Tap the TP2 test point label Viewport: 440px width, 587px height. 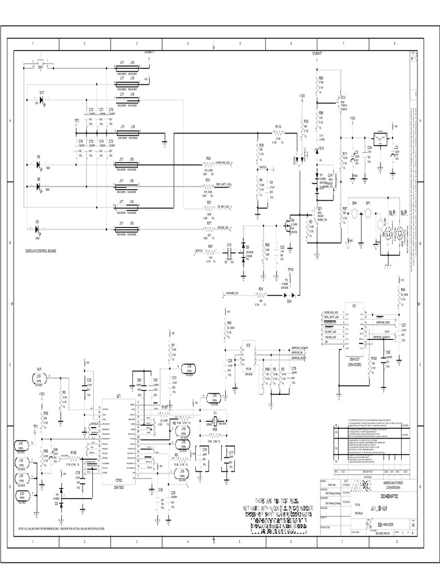77,121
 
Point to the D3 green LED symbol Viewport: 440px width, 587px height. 38,228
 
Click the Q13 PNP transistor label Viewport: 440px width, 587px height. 343,97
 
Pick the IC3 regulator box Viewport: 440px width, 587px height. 378,138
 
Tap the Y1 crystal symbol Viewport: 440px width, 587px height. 214,418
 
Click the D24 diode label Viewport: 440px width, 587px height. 289,300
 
